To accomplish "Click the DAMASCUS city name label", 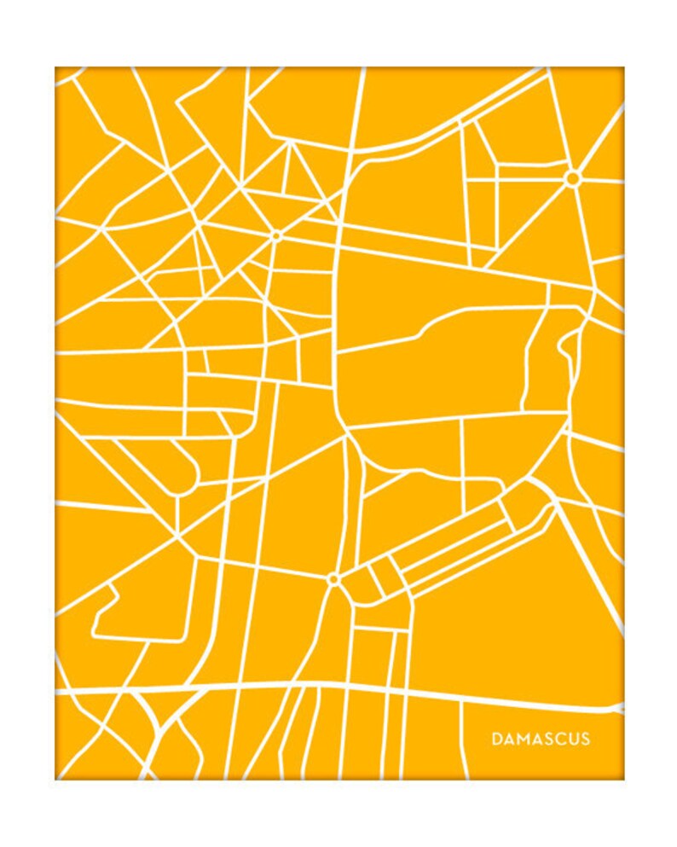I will coord(541,739).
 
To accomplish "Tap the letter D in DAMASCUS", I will coord(496,739).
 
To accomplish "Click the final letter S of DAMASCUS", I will coord(585,739).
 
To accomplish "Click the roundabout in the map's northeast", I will coord(572,178).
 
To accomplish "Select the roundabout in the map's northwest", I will coord(276,235).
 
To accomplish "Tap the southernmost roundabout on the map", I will coord(333,579).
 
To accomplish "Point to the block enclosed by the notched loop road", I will coord(141,610).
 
